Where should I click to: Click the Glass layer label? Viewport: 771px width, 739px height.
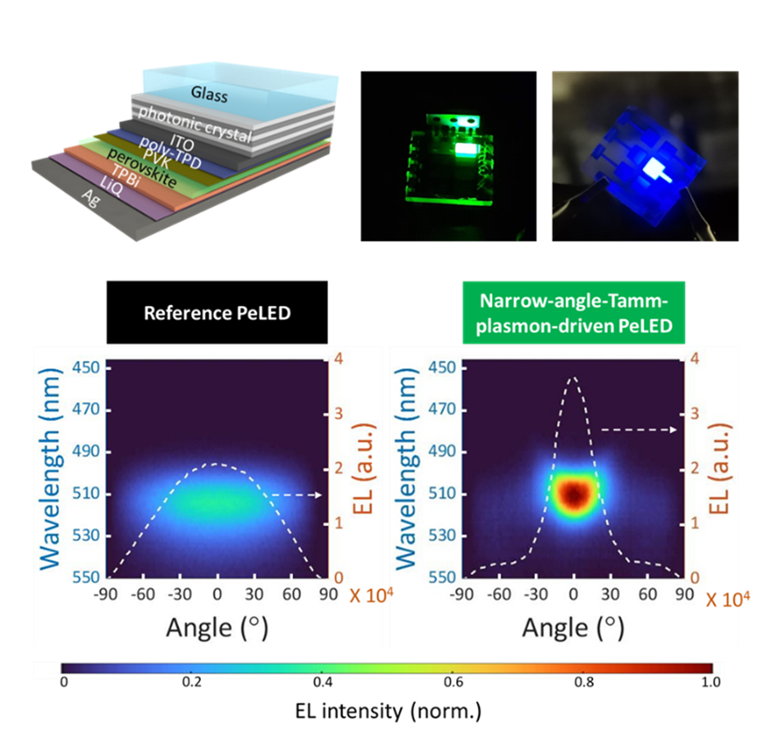pyautogui.click(x=209, y=94)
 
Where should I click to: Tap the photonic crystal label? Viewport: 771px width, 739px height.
pyautogui.click(x=195, y=125)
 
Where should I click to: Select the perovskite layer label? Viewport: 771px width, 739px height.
pyautogui.click(x=142, y=167)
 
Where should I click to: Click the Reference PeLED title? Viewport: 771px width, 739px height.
pyautogui.click(x=217, y=313)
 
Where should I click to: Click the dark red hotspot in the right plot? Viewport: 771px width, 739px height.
pyautogui.click(x=574, y=495)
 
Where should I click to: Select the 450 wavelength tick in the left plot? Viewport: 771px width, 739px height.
pyautogui.click(x=89, y=367)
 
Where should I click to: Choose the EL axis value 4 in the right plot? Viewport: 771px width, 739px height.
pyautogui.click(x=694, y=358)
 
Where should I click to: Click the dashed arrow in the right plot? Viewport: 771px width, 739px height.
pyautogui.click(x=640, y=429)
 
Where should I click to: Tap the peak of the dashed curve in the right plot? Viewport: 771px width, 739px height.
pyautogui.click(x=573, y=378)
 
